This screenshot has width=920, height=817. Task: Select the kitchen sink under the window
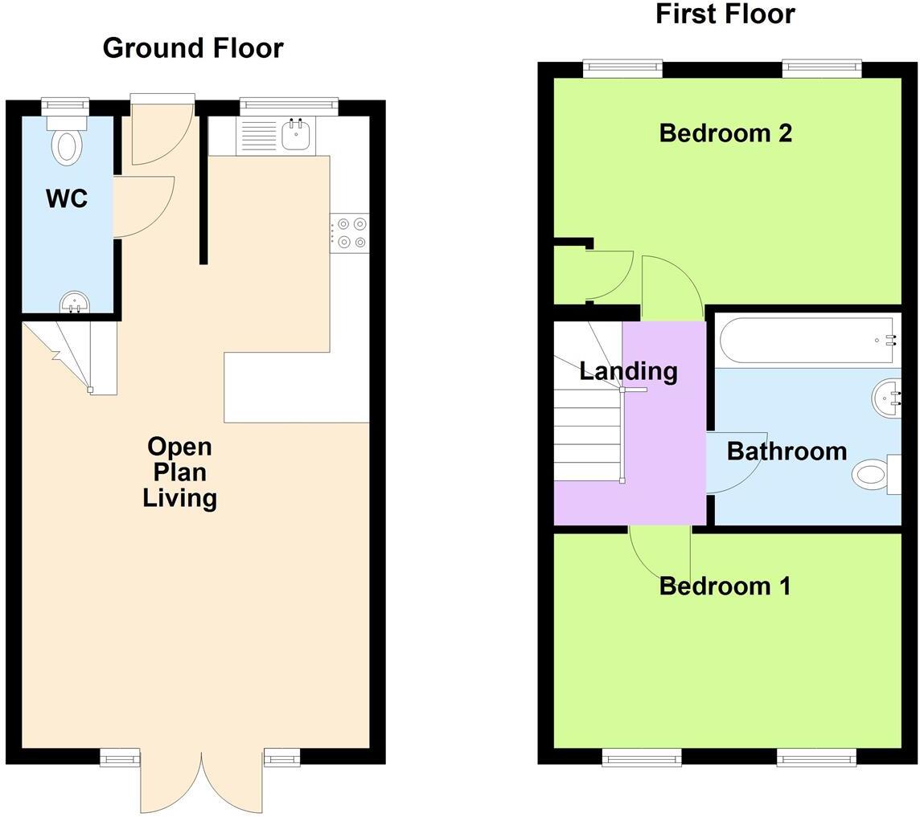pos(296,135)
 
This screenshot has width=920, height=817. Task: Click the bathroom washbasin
pos(886,398)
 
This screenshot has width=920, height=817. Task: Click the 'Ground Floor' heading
pos(193,48)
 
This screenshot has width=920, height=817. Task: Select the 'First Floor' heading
pos(725,14)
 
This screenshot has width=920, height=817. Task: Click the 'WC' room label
pos(67,198)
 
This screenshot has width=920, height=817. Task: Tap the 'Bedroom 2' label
pos(725,133)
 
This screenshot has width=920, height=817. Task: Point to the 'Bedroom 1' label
pos(725,586)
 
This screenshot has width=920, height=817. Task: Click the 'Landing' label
pos(628,371)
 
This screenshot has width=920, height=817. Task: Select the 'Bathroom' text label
pos(787,451)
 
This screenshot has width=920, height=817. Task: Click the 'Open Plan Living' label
pos(180,472)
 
